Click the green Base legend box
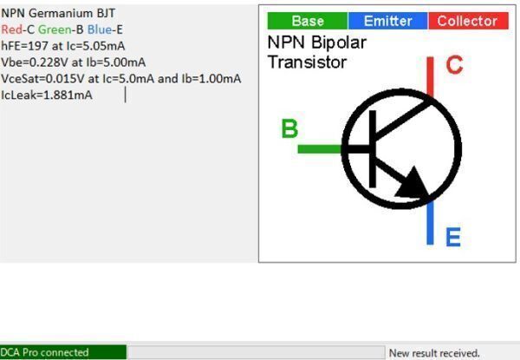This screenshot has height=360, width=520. tap(307, 21)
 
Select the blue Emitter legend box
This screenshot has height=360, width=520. tap(388, 21)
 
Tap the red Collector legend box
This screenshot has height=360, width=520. tap(467, 21)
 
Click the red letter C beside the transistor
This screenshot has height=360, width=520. tap(454, 65)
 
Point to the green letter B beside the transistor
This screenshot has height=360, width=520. tap(289, 129)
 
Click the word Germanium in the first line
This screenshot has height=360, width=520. tap(56, 13)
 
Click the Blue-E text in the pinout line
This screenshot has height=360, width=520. tap(105, 29)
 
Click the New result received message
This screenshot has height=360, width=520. tap(434, 353)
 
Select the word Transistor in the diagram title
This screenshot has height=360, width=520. tap(307, 62)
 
